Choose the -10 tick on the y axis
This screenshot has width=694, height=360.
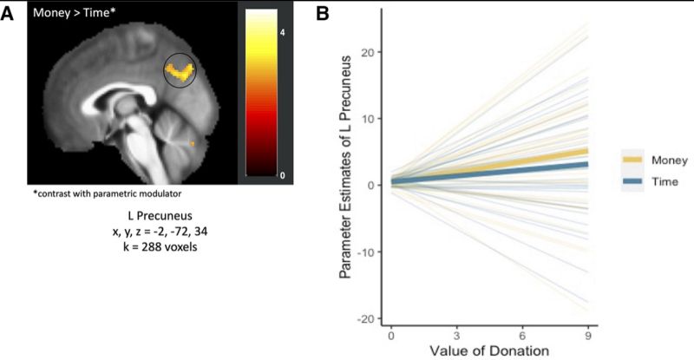(368, 252)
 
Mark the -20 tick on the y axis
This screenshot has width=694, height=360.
(368, 318)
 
